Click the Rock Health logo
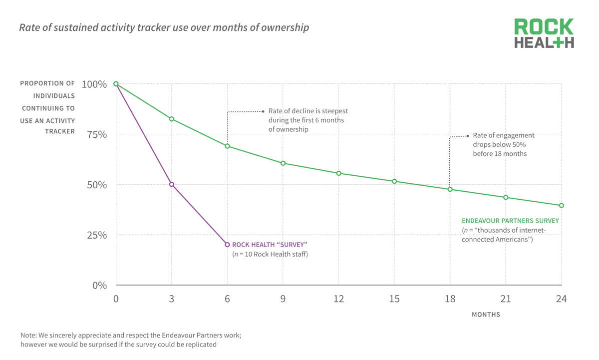coord(544,33)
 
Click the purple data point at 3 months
coord(172,185)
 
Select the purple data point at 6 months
coord(228,245)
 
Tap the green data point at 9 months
coord(283,163)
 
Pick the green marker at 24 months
coord(562,206)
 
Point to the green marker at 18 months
coord(450,190)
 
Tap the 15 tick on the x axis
coord(394,299)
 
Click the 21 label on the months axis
coord(506,299)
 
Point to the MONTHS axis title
coord(486,315)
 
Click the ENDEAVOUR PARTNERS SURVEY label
coord(510,221)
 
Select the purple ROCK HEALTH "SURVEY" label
coord(270,245)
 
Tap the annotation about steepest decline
coord(308,120)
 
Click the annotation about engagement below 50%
coord(503,144)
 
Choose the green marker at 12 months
coord(339,173)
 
